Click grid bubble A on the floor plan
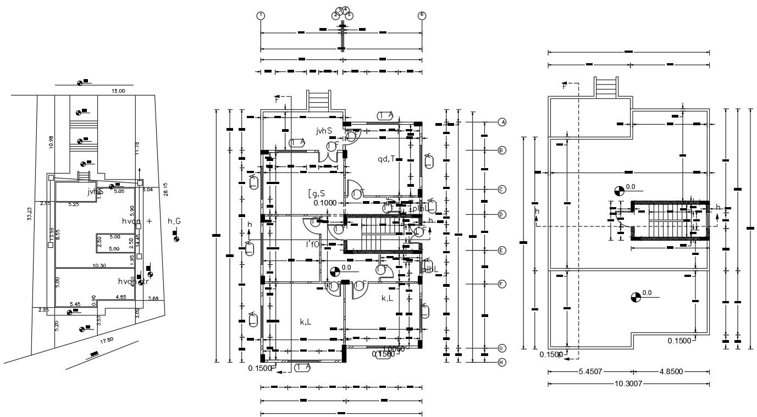tap(501, 122)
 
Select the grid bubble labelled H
tap(501, 362)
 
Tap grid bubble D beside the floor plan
tap(501, 214)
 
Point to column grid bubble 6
tap(422, 15)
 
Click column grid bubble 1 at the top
tap(261, 15)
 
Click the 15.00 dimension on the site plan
tap(118, 91)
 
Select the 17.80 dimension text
tap(107, 341)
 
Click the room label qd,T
tap(386, 159)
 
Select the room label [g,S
tap(317, 193)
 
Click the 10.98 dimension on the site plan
tap(51, 142)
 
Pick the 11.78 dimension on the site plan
tap(137, 147)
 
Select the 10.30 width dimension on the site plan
tap(99, 265)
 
